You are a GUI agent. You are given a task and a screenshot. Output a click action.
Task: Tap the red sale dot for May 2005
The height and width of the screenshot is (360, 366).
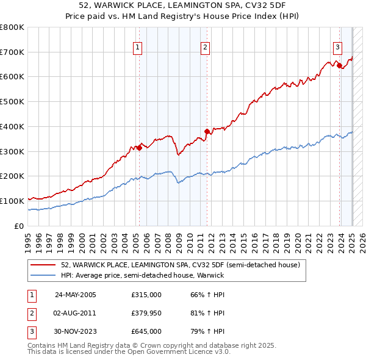tap(139, 147)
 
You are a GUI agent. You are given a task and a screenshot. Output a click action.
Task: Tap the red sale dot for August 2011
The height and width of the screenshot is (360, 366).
tap(207, 131)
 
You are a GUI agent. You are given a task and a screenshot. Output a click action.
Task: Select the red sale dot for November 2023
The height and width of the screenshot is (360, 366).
tap(339, 65)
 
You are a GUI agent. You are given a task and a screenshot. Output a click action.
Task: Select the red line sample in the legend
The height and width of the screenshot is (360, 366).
tap(43, 265)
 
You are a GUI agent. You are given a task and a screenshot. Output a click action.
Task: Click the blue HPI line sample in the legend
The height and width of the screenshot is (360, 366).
tap(43, 275)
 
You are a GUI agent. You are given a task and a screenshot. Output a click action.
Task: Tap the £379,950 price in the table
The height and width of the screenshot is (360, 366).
tap(146, 313)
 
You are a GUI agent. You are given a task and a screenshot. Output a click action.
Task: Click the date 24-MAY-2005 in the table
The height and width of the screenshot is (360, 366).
tap(75, 295)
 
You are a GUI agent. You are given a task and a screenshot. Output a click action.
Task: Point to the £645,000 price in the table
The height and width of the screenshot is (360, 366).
tap(146, 331)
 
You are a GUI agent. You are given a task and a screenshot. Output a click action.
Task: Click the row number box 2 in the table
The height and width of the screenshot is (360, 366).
tap(31, 313)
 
